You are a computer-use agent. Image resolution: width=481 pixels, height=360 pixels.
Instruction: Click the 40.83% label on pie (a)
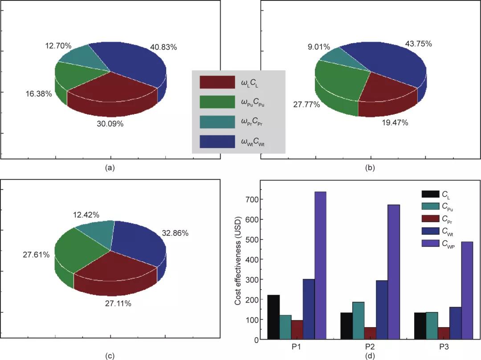coord(163,47)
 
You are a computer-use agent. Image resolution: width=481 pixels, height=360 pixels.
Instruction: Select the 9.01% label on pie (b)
coord(319,47)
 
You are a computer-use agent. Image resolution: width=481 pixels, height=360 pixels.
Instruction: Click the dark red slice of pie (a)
coord(114,89)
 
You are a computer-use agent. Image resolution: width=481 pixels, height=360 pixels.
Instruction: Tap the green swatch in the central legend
coord(217,102)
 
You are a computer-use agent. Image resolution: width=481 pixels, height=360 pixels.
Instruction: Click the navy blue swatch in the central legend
coord(217,142)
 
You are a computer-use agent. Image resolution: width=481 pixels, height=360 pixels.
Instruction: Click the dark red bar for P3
coord(444,333)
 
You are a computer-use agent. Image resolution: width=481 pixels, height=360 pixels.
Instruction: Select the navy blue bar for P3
coord(455,323)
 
